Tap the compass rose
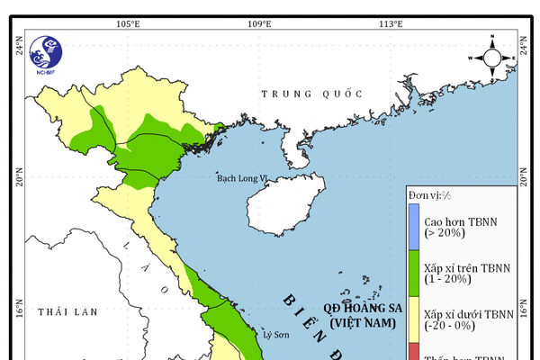click(x=491, y=57)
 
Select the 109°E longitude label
click(x=260, y=23)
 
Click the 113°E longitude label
click(x=390, y=23)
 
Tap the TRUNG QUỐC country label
click(x=310, y=94)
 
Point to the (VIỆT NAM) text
click(x=361, y=321)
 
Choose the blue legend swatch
click(x=414, y=225)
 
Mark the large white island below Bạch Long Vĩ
click(x=281, y=203)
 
